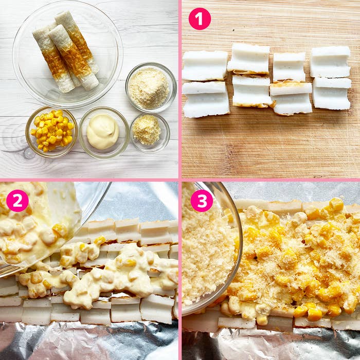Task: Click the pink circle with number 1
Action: tap(200, 19)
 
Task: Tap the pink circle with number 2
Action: tap(17, 201)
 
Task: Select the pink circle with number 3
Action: tap(202, 201)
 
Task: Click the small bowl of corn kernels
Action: tap(51, 132)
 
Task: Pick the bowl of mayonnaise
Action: tap(104, 133)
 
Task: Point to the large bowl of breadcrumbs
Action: tap(151, 87)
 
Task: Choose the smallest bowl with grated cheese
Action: tap(150, 133)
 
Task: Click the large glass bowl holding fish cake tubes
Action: tap(67, 55)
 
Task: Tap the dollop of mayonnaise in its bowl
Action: tap(103, 131)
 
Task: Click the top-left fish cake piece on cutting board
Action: tap(205, 66)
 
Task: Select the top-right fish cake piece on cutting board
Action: tap(330, 62)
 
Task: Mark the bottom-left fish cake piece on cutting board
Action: tap(206, 99)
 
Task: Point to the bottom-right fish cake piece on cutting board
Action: tap(332, 94)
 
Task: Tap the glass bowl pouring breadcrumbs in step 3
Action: tap(210, 248)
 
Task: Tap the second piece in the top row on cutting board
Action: tap(248, 59)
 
